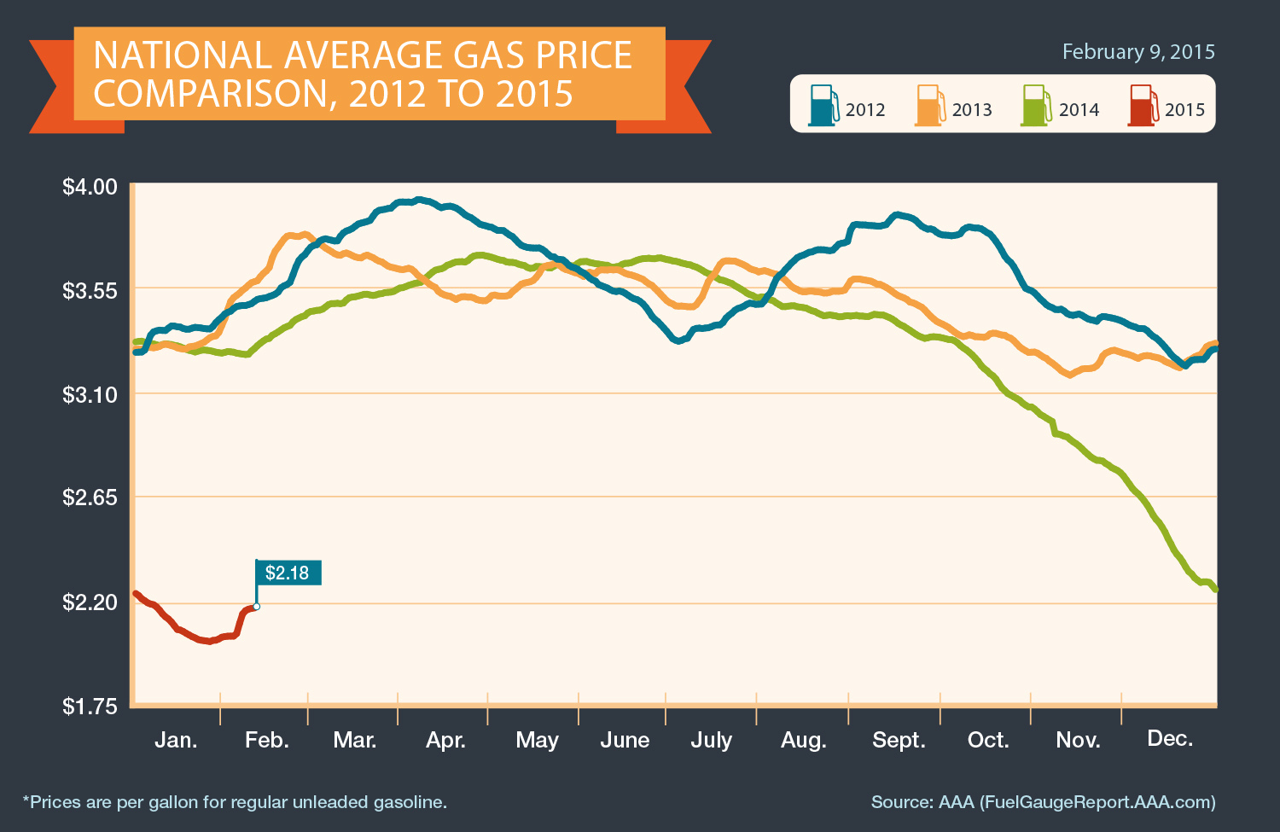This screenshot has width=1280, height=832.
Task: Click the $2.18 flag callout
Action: (288, 573)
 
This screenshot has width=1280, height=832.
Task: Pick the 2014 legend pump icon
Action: (1036, 105)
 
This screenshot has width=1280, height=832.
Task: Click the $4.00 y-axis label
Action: (89, 187)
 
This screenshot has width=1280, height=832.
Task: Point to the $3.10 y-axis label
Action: (89, 395)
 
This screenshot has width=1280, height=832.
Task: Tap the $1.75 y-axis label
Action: (89, 707)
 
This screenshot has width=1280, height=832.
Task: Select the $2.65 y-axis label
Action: (89, 498)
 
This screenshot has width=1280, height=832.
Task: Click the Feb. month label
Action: (267, 740)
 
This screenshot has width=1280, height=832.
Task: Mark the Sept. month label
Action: (899, 740)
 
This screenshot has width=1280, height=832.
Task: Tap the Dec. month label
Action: (1170, 739)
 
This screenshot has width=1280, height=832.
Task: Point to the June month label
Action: (625, 740)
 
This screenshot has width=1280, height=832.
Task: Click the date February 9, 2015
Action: (1138, 52)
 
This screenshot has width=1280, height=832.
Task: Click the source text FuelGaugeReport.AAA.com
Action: (1097, 802)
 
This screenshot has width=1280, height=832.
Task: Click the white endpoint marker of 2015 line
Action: (256, 607)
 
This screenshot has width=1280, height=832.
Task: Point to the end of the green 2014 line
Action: (1215, 590)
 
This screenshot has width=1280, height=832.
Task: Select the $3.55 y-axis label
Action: (89, 291)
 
